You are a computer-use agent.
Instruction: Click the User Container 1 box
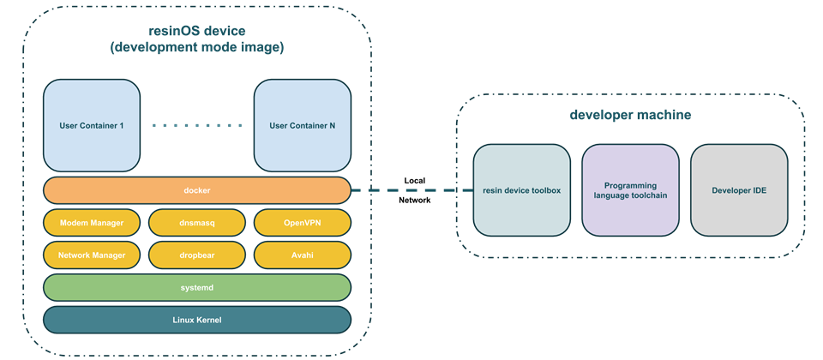point(92,125)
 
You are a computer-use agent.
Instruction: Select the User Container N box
point(303,125)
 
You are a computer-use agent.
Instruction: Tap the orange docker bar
point(197,190)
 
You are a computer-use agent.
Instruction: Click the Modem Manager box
point(92,223)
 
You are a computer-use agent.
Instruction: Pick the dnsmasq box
point(197,223)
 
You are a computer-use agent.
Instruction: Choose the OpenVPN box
point(303,223)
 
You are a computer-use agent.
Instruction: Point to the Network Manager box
point(92,255)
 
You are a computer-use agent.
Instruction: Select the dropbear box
point(197,255)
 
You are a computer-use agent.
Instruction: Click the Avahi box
point(303,255)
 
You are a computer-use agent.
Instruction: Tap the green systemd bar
point(197,288)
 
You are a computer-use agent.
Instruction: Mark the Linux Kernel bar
point(197,320)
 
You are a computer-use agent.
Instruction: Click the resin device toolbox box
point(522,190)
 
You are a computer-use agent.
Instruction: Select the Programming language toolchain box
point(630,190)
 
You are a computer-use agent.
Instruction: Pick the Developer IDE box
point(739,190)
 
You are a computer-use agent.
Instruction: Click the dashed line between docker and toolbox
point(412,190)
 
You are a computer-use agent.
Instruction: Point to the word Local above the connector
point(415,181)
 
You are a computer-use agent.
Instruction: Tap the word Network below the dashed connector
point(415,200)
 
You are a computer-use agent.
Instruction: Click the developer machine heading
point(630,114)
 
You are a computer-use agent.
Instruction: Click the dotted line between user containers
point(197,125)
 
